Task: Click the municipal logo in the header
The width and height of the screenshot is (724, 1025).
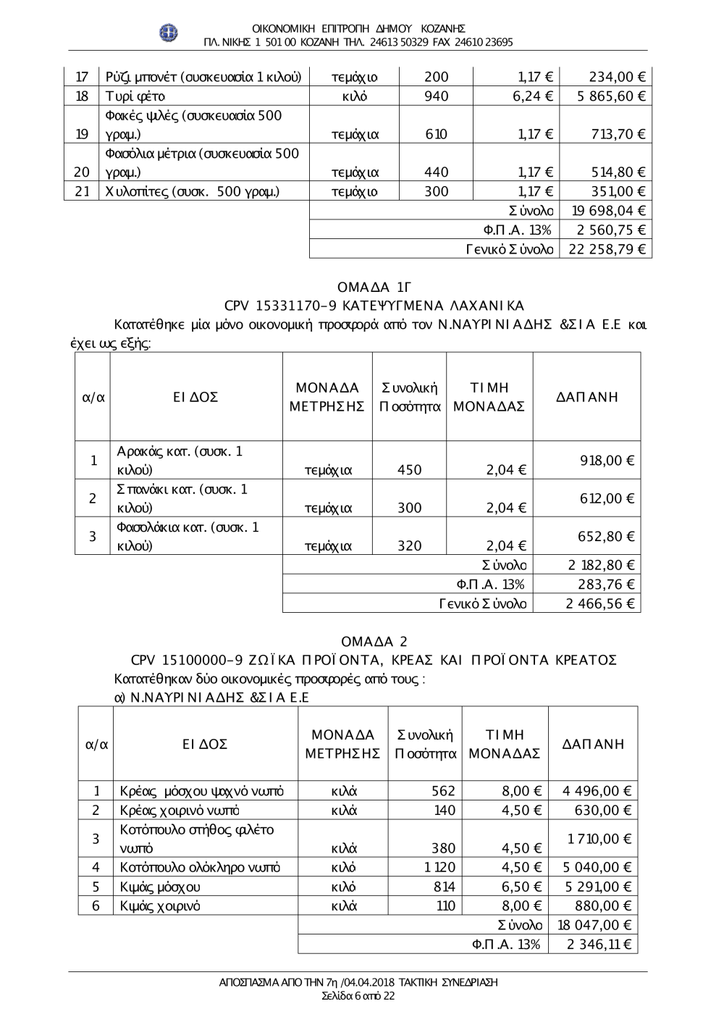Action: point(169,33)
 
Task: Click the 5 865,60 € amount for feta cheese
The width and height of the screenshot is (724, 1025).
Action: point(611,96)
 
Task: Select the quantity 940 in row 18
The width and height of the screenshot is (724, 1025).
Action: point(436,96)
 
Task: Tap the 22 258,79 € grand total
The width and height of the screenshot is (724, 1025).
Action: point(607,249)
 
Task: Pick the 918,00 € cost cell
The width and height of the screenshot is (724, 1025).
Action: point(607,460)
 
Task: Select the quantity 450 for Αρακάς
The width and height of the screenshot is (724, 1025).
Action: point(409,470)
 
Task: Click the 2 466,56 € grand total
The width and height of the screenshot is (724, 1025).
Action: point(599,603)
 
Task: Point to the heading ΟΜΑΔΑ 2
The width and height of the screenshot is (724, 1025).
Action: point(374,642)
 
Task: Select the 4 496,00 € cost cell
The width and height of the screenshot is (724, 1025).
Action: point(597,791)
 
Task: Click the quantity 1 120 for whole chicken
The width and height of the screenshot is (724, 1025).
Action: point(439,867)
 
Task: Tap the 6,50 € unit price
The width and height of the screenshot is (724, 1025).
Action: point(521,887)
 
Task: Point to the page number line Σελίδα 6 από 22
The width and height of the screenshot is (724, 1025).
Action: point(358,996)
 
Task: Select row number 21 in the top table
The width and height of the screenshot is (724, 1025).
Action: point(82,191)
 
